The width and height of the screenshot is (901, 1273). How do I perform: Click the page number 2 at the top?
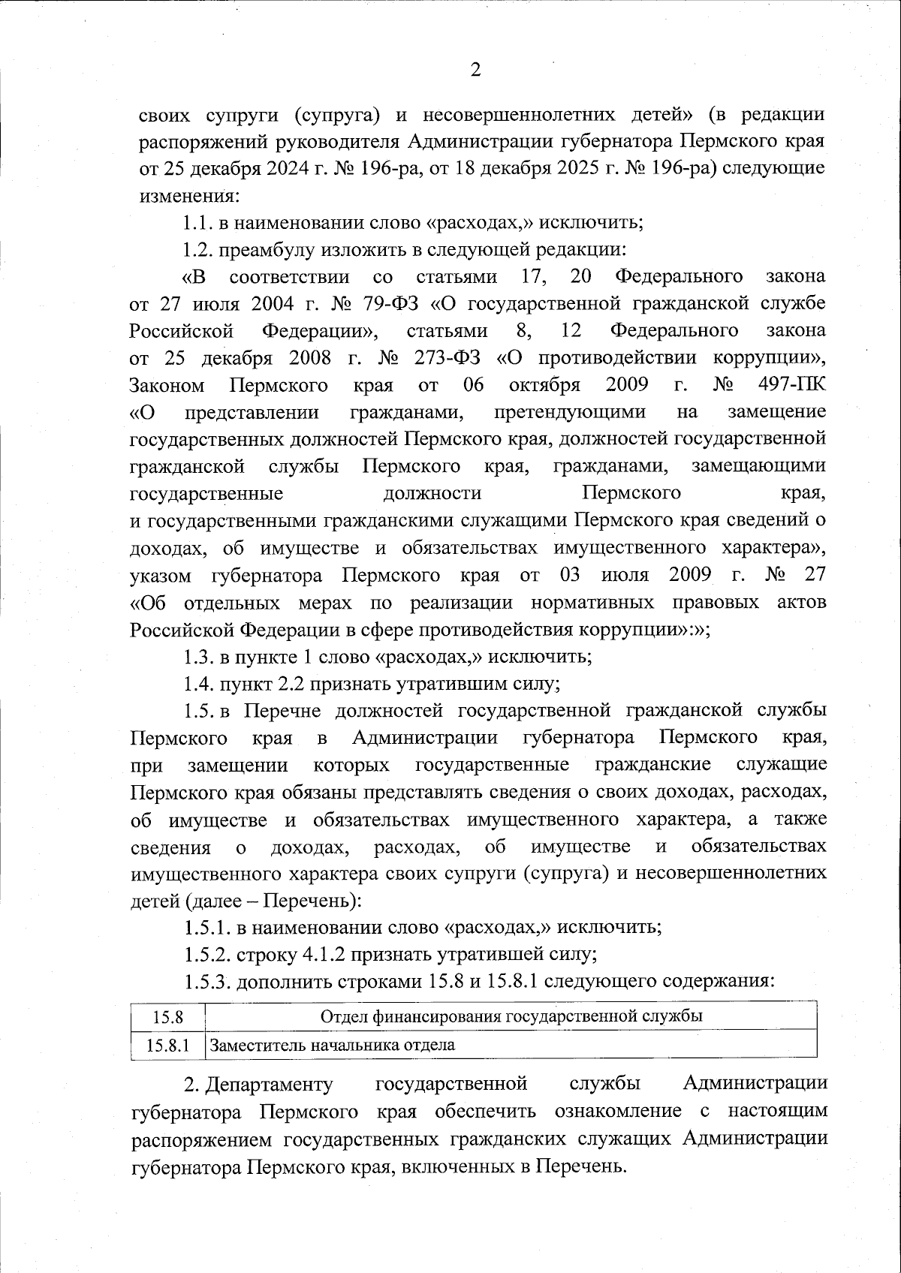(x=475, y=71)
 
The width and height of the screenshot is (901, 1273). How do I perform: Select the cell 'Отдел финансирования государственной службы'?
(x=511, y=1016)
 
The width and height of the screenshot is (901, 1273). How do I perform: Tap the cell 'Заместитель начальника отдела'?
(x=332, y=1045)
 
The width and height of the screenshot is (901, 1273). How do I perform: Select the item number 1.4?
(x=197, y=685)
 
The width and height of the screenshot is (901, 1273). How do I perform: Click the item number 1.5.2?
(x=206, y=955)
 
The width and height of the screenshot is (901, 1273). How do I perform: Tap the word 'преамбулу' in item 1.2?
(x=270, y=249)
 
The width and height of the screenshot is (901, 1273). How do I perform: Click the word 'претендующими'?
(x=570, y=412)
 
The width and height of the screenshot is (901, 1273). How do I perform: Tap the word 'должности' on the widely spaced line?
(x=432, y=493)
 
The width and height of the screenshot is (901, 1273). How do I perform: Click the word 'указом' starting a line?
(x=158, y=576)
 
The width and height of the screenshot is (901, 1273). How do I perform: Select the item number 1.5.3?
(x=206, y=982)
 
